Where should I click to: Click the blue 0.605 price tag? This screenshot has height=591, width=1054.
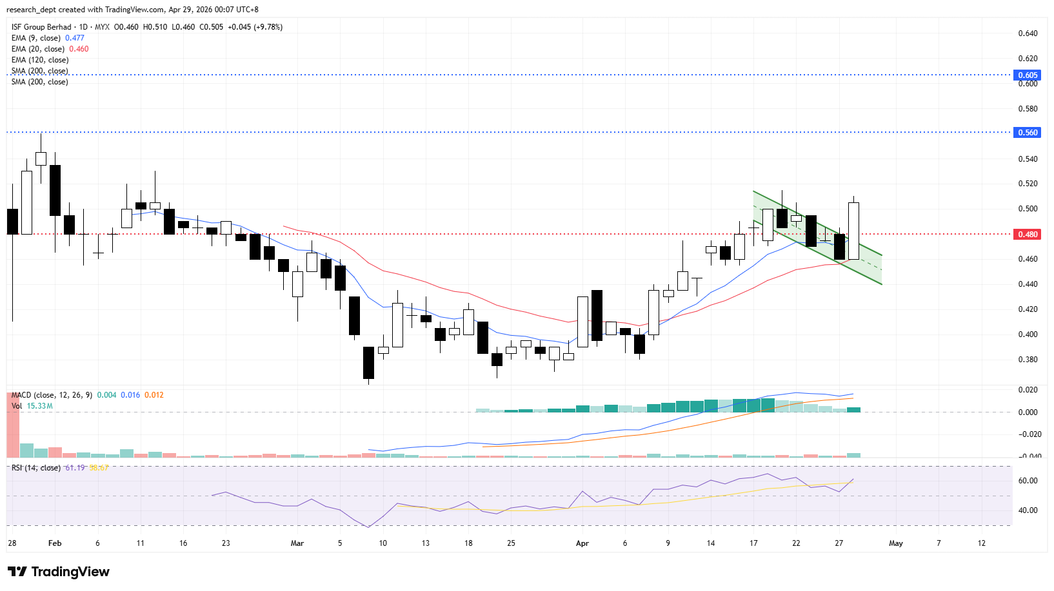point(1028,75)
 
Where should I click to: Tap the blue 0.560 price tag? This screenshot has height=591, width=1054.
point(1028,133)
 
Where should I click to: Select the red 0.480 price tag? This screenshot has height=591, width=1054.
point(1028,235)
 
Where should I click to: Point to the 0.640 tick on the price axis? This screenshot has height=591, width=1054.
point(1028,34)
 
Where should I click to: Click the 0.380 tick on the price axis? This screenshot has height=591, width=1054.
point(1028,360)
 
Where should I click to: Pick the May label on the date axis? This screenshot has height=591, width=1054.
point(895,543)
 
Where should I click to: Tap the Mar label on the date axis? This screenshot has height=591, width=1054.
point(297,543)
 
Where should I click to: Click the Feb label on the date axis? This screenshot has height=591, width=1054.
point(55,543)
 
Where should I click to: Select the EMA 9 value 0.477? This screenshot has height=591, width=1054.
point(75,38)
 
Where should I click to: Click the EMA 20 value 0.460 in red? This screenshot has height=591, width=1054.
point(79,49)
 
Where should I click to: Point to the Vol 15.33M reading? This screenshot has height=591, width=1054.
point(39,406)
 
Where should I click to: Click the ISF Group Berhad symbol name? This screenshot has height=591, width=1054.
point(41,27)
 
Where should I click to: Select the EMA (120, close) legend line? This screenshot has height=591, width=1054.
point(40,60)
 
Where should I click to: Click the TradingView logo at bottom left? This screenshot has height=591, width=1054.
point(59,572)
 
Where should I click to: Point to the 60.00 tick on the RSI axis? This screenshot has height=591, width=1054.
point(1028,481)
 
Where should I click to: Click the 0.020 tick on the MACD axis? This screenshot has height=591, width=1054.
point(1028,390)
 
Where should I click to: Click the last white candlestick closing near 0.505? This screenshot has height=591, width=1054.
point(853,231)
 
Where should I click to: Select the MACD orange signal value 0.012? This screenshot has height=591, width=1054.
point(154,395)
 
